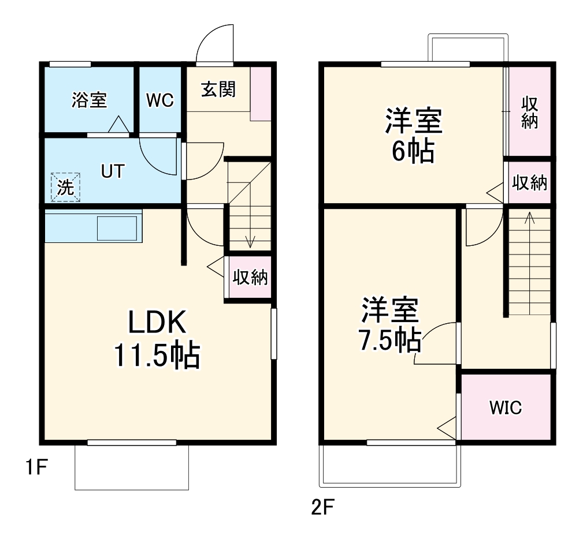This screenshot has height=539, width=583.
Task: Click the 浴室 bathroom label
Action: [x=89, y=100]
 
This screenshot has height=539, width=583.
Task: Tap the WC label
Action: [x=159, y=100]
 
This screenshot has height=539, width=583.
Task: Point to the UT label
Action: [x=113, y=171]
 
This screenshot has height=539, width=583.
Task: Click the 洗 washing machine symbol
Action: [x=65, y=188]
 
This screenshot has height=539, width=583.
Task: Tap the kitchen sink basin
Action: [x=117, y=228]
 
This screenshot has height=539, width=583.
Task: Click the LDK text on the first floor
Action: [x=157, y=323]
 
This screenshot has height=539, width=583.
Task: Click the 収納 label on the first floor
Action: [x=250, y=278]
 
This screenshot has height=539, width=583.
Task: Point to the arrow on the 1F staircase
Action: [x=250, y=241]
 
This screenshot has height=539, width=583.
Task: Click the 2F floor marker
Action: [x=322, y=508]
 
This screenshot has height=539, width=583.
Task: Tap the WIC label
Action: [x=505, y=408]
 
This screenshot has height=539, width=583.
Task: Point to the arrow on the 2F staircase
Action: [x=529, y=218]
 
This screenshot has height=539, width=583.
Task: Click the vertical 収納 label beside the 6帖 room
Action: [x=529, y=113]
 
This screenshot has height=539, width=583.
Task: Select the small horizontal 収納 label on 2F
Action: [x=529, y=184]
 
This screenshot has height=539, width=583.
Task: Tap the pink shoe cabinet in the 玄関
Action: [x=261, y=93]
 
